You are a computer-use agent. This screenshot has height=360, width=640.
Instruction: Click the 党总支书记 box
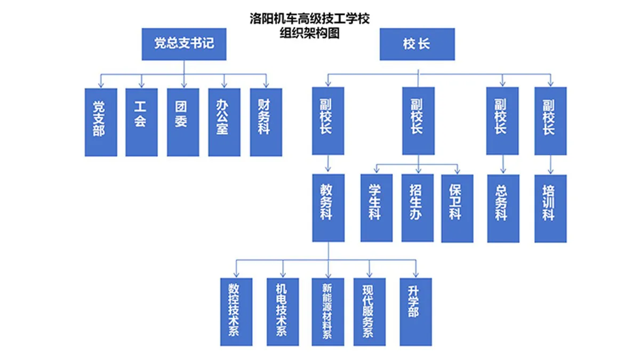tap(184, 44)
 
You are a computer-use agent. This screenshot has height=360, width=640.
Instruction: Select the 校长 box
tap(417, 44)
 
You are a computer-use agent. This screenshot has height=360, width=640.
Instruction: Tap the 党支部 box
tap(101, 122)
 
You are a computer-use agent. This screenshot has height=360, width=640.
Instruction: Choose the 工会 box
tap(141, 122)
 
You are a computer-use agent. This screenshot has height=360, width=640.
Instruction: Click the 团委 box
tap(183, 122)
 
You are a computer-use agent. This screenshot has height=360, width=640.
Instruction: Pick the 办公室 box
tap(224, 122)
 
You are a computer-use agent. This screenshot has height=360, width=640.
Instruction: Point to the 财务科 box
tap(266, 122)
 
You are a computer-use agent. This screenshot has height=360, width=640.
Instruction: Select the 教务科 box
tap(328, 207)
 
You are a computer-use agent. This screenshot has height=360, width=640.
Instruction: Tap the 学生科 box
tap(376, 207)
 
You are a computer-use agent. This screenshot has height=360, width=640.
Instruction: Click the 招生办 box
tap(417, 207)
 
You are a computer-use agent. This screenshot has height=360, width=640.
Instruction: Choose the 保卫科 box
tap(457, 207)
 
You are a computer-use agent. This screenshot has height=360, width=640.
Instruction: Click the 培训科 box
tap(550, 207)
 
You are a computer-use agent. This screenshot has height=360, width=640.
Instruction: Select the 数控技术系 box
tap(236, 311)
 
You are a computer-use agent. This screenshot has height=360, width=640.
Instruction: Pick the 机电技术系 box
tap(283, 311)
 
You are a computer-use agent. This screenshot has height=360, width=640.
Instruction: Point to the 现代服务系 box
tap(369, 311)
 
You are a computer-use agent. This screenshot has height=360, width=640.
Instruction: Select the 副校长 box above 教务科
tap(328, 121)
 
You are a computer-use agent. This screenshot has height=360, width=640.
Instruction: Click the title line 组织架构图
tap(310, 33)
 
